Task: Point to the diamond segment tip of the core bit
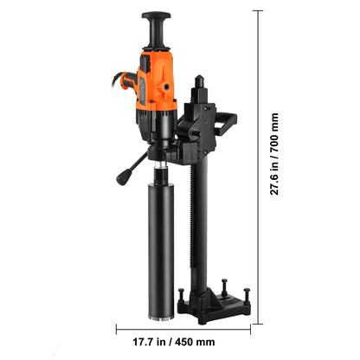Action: click(x=161, y=318)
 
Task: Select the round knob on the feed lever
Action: click(x=122, y=178)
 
